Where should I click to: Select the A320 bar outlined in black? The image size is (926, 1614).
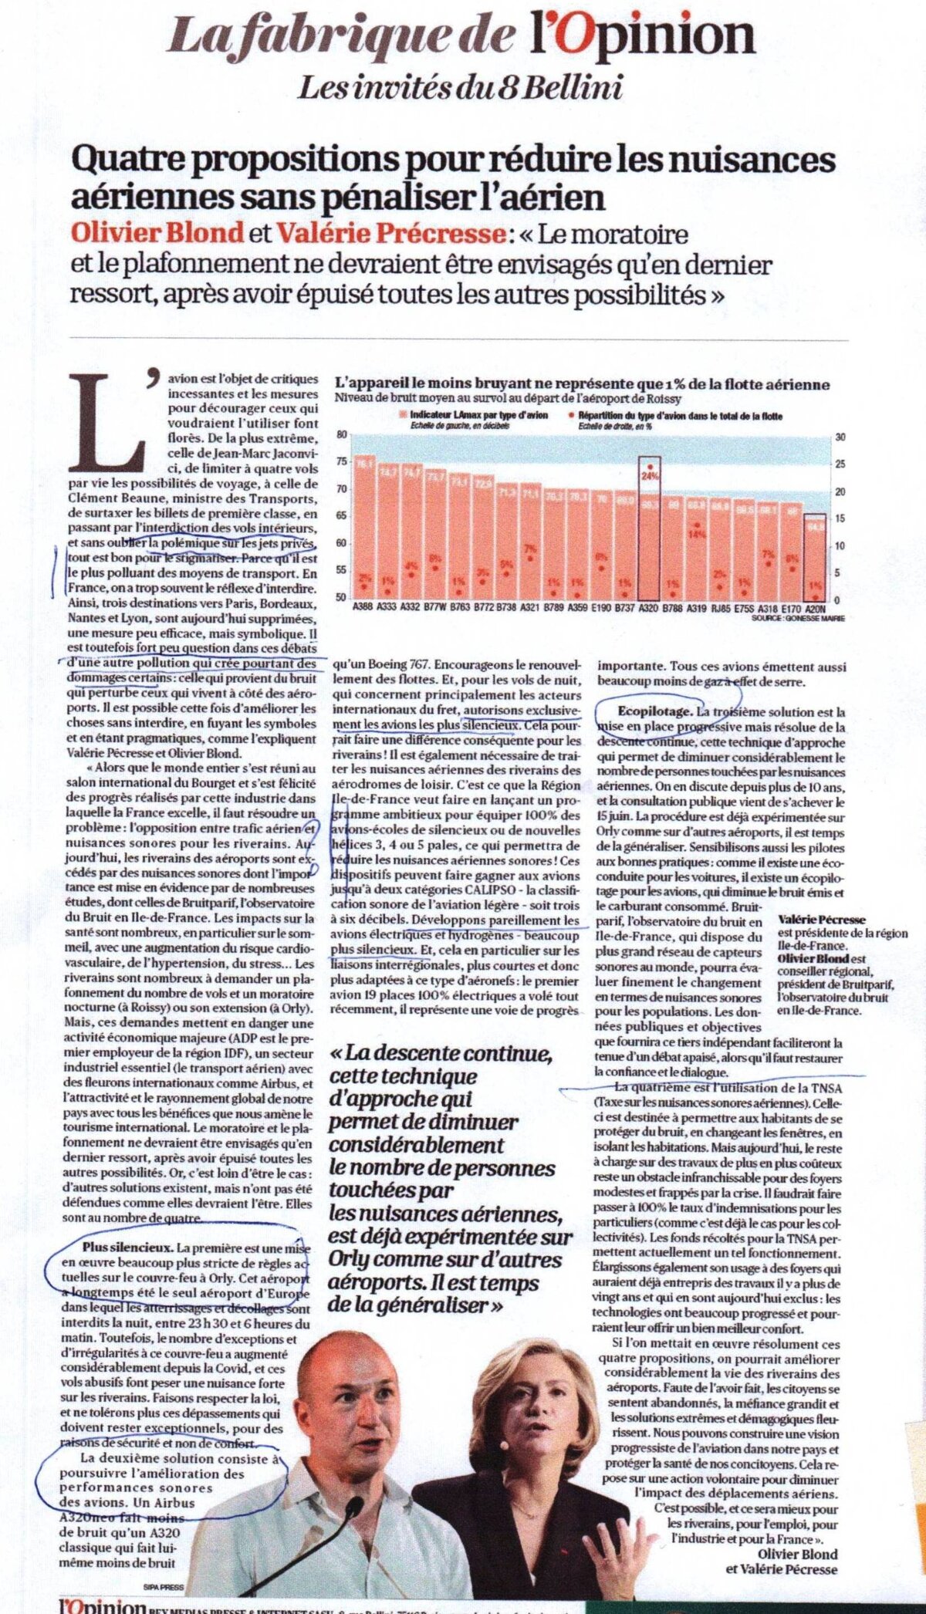pyautogui.click(x=650, y=532)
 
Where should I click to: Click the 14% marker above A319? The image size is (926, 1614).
pyautogui.click(x=697, y=532)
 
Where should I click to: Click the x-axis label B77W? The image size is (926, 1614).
pyautogui.click(x=436, y=607)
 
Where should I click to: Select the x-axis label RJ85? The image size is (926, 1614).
pyautogui.click(x=719, y=607)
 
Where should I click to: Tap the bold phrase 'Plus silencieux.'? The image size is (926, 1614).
pyautogui.click(x=127, y=1247)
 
